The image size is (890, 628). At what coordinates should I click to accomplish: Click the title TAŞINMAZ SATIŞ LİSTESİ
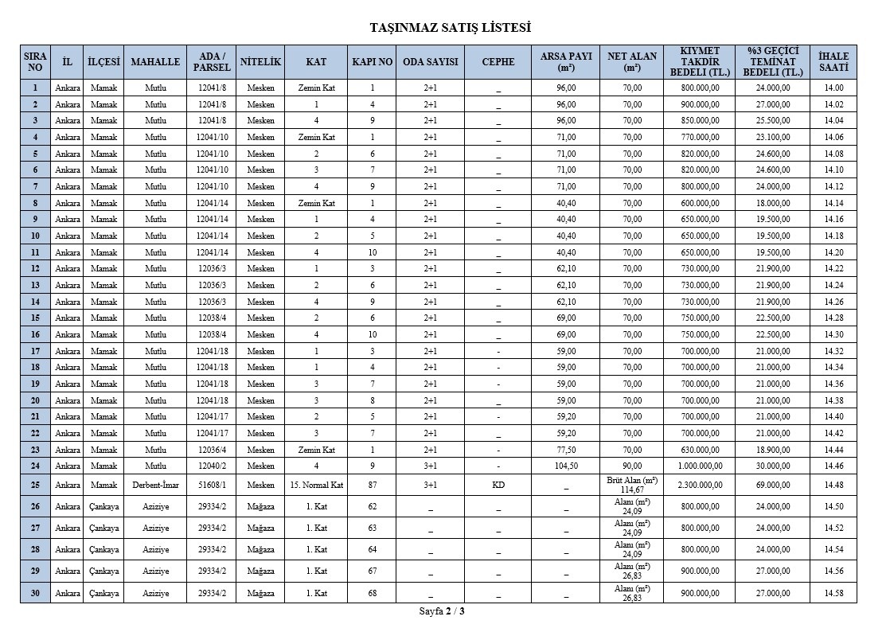(x=451, y=28)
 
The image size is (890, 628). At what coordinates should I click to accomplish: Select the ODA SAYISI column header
(x=430, y=62)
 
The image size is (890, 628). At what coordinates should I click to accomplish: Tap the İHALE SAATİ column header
(x=833, y=62)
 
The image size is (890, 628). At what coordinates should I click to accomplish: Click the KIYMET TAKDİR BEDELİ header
(x=700, y=62)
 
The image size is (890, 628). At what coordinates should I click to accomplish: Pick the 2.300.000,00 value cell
(x=700, y=485)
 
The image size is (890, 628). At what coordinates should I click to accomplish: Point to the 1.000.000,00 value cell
(x=700, y=466)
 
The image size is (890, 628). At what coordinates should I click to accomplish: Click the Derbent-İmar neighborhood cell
(x=154, y=485)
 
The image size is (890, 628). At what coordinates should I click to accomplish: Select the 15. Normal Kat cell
(x=316, y=485)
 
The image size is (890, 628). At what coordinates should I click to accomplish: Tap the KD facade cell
(x=498, y=485)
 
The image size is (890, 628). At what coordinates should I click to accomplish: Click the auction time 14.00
(x=833, y=88)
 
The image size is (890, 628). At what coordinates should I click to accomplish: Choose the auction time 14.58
(x=833, y=593)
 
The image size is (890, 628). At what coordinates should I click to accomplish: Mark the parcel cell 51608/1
(x=212, y=485)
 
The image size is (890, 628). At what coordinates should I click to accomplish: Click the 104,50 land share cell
(x=566, y=466)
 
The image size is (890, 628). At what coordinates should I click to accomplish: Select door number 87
(x=372, y=485)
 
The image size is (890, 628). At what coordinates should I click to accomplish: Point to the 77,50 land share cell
(x=566, y=450)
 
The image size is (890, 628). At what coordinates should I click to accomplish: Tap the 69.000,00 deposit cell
(x=773, y=485)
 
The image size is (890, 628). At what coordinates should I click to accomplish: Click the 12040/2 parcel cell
(x=212, y=466)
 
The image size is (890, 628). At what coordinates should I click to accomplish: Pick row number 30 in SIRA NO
(x=35, y=593)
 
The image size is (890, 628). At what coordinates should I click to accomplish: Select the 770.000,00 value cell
(x=700, y=137)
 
